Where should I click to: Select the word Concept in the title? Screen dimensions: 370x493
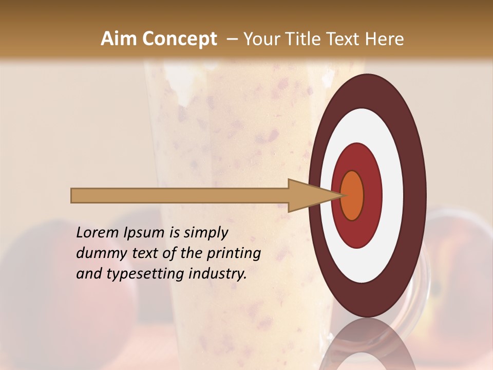[179, 39]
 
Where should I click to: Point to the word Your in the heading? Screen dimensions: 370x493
[261, 39]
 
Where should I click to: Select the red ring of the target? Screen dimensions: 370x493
[372, 195]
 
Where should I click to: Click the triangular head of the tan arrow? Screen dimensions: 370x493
[308, 196]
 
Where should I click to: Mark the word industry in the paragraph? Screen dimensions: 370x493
[218, 274]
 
